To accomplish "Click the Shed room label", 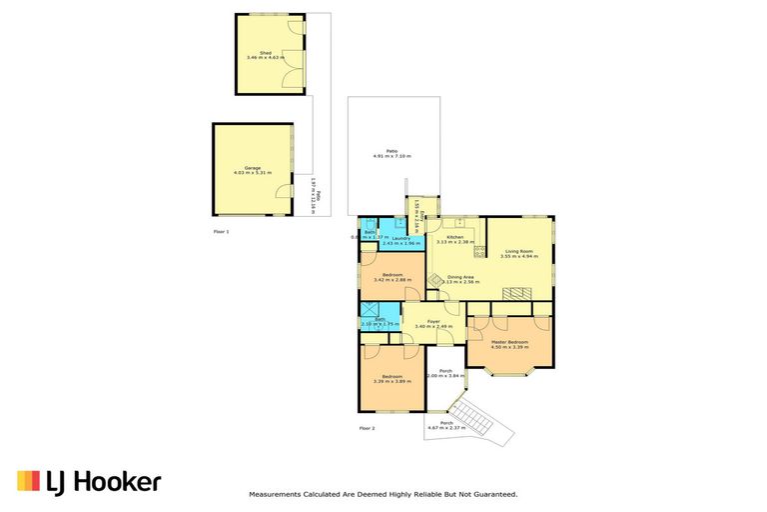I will [x=266, y=54].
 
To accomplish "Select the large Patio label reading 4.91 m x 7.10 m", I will [x=392, y=154].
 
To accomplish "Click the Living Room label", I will [x=518, y=253].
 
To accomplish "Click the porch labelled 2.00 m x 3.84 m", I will [x=445, y=373].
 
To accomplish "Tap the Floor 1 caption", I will [x=222, y=231].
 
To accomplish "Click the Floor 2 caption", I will [x=367, y=428].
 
